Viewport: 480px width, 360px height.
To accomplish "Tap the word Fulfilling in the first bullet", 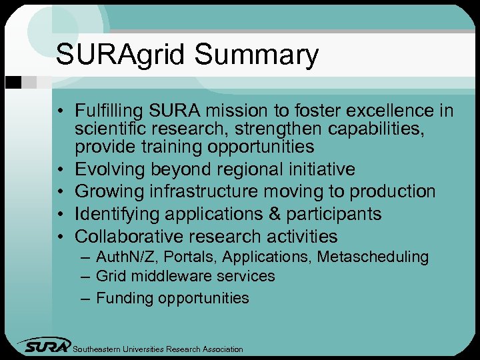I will pyautogui.click(x=109, y=109).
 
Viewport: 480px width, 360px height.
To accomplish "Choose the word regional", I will pyautogui.click(x=244, y=169).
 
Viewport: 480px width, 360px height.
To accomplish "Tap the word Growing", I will pyautogui.click(x=111, y=192).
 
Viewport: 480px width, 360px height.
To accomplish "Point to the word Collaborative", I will pyautogui.click(x=129, y=237).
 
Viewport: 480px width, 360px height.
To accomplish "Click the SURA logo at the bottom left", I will pyautogui.click(x=45, y=346).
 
